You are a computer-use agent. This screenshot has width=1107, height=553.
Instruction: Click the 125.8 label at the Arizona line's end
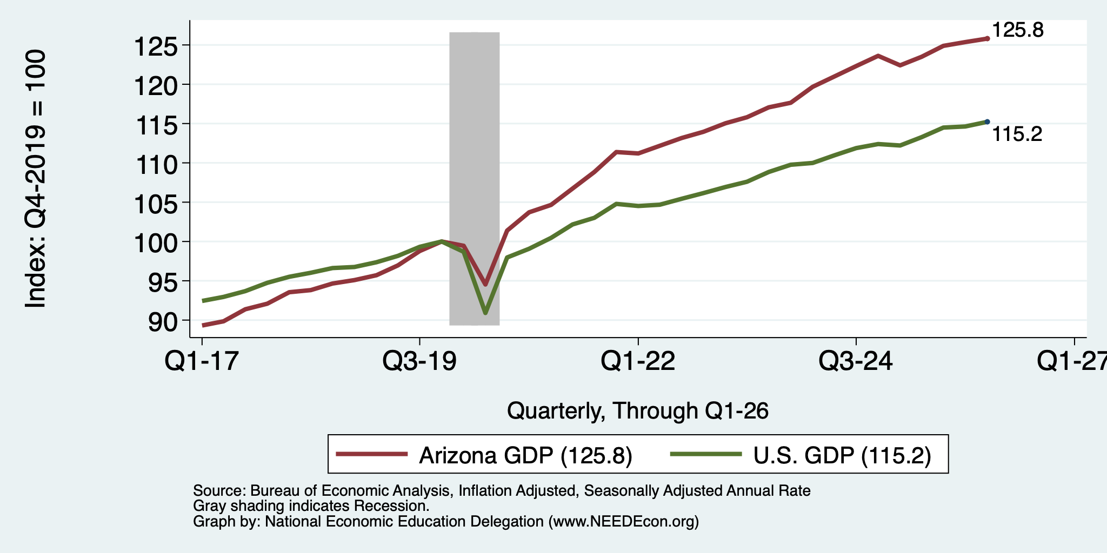click(x=1017, y=30)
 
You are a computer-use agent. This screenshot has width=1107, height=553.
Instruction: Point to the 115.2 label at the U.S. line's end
click(x=1017, y=134)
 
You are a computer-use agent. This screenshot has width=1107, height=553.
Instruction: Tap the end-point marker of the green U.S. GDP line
click(x=987, y=122)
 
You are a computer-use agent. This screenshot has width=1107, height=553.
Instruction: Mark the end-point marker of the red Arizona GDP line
click(x=987, y=39)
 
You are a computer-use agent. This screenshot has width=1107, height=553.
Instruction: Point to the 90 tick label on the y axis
click(x=163, y=322)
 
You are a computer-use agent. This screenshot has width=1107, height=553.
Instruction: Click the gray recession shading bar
click(x=474, y=178)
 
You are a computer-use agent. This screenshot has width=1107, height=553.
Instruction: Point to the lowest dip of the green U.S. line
click(x=485, y=313)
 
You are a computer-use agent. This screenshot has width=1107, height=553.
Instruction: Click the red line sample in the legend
click(x=372, y=454)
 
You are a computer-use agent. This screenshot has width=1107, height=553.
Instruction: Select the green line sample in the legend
click(x=706, y=454)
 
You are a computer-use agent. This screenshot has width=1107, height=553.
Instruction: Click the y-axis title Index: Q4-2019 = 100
click(x=36, y=179)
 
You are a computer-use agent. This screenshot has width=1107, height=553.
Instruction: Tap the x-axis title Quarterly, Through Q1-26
click(x=638, y=412)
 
